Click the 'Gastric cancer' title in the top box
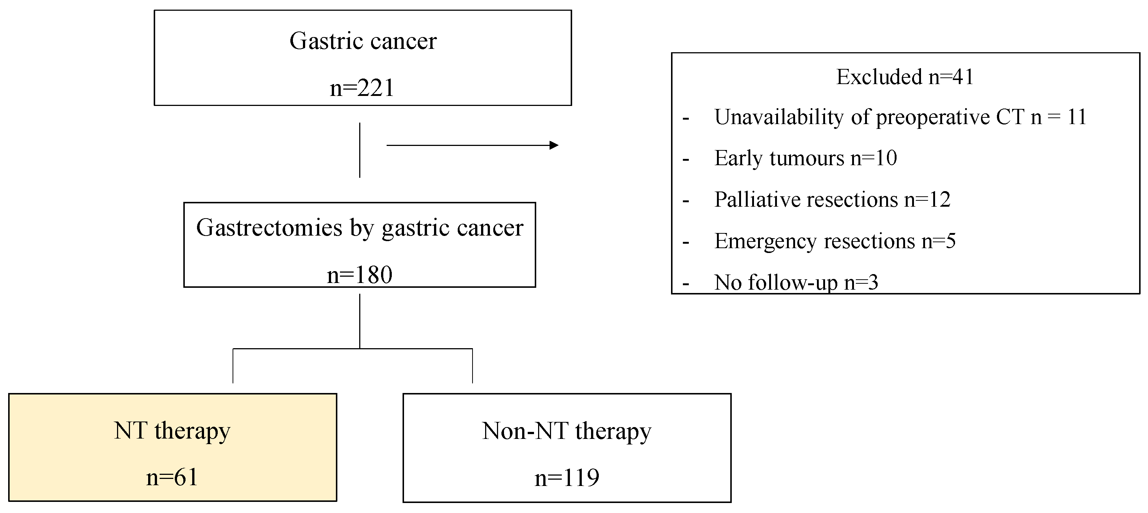tap(363, 41)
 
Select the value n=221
tap(362, 88)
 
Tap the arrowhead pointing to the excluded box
tap(554, 145)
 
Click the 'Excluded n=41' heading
tap(905, 77)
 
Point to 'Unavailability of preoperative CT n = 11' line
tap(900, 117)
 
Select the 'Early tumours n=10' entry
tap(805, 158)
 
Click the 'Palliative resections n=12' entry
tap(832, 200)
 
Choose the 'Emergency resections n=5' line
tap(835, 241)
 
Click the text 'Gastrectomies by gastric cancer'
tap(359, 228)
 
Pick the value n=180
tap(359, 275)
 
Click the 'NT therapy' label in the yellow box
tap(172, 431)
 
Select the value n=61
tap(172, 477)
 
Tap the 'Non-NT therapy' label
tap(567, 431)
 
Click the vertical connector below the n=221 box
tap(360, 150)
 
